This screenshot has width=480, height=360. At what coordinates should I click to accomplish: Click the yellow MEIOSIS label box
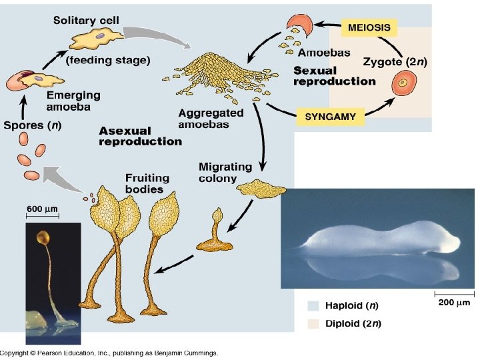click(369, 28)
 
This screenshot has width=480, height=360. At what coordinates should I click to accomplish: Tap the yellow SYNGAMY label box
click(330, 116)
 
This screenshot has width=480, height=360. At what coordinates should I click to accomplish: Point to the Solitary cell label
click(86, 21)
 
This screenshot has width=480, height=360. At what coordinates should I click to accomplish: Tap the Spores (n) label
click(33, 124)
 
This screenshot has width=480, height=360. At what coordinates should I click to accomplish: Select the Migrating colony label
click(225, 171)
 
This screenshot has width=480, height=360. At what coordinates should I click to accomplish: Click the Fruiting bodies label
click(147, 183)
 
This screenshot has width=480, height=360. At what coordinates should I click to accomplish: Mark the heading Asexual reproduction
click(139, 136)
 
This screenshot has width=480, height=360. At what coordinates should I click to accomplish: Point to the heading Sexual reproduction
click(334, 76)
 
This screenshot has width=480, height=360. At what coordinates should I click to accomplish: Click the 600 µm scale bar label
click(43, 209)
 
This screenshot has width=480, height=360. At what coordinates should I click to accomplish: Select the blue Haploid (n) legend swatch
click(313, 307)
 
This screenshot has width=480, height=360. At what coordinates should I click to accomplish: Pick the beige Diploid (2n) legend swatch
click(313, 324)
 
